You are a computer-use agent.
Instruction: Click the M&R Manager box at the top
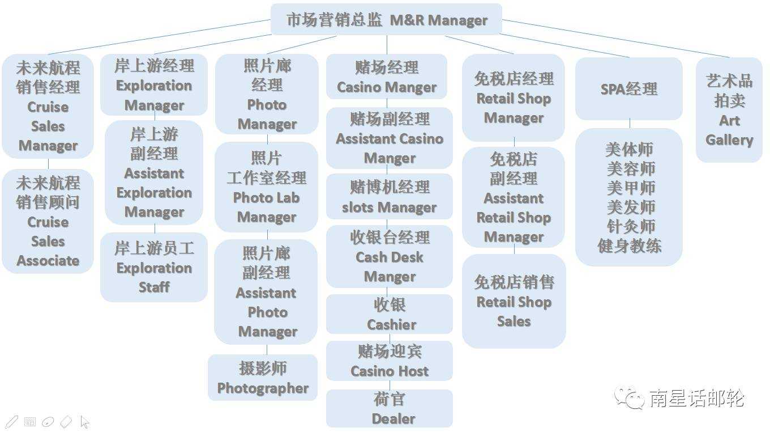[387, 20]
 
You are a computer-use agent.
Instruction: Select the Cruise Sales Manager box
[48, 106]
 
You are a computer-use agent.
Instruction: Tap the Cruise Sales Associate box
[48, 221]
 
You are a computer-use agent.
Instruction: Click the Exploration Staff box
[154, 267]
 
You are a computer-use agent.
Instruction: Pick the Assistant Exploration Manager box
[154, 172]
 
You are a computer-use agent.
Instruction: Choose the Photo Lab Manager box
[267, 187]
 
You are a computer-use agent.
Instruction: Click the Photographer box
[263, 378]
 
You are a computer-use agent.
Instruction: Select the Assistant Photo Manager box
[266, 292]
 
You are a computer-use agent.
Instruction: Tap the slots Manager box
[390, 197]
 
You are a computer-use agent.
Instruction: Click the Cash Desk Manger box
[390, 256]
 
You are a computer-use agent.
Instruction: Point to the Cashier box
[390, 314]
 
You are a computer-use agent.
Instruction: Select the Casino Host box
[390, 361]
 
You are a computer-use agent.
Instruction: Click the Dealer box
[390, 408]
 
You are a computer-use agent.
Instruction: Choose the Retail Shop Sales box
[514, 301]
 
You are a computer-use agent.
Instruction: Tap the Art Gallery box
[729, 110]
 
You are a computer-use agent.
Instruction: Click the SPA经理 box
[629, 88]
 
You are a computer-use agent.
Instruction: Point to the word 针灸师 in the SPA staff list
[630, 226]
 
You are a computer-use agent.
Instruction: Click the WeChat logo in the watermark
[630, 397]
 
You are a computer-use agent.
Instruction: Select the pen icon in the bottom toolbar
[11, 422]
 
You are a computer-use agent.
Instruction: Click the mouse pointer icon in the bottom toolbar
[85, 422]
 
